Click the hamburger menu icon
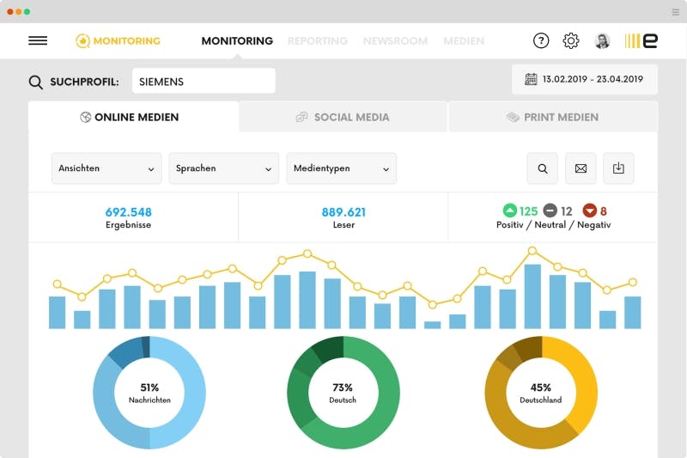(x=38, y=40)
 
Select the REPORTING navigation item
(x=318, y=40)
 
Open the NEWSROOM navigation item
(x=394, y=40)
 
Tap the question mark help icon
(x=541, y=40)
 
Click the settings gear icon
(x=571, y=40)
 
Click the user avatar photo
(x=602, y=40)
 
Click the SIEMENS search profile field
(x=204, y=82)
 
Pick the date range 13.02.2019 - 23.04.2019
(x=584, y=79)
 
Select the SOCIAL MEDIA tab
(x=343, y=117)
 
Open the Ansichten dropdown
(x=106, y=168)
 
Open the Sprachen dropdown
(x=224, y=168)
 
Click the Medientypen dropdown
(x=341, y=168)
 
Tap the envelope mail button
(x=581, y=168)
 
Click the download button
(x=618, y=168)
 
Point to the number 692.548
(x=129, y=211)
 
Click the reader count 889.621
(x=343, y=211)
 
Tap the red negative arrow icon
(x=589, y=211)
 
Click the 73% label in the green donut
(x=343, y=388)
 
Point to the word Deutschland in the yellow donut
(x=541, y=400)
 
